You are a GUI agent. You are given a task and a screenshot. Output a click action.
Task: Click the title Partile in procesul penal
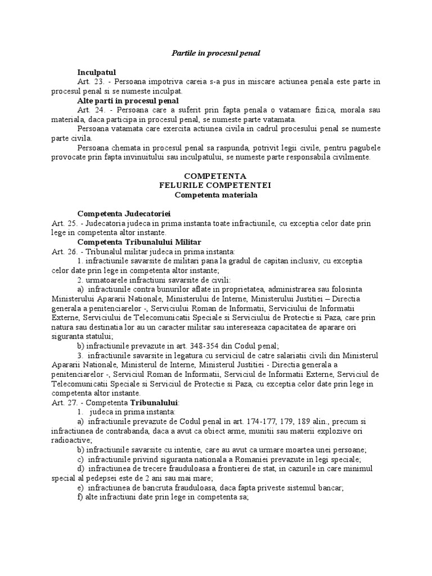(x=215, y=53)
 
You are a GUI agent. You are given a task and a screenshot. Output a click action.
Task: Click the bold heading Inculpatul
(x=96, y=73)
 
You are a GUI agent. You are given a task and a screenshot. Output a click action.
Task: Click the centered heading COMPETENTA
(x=216, y=176)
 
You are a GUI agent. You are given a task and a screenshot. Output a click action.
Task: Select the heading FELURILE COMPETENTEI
(x=216, y=185)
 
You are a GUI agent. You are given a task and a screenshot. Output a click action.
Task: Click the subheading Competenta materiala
(x=216, y=195)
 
